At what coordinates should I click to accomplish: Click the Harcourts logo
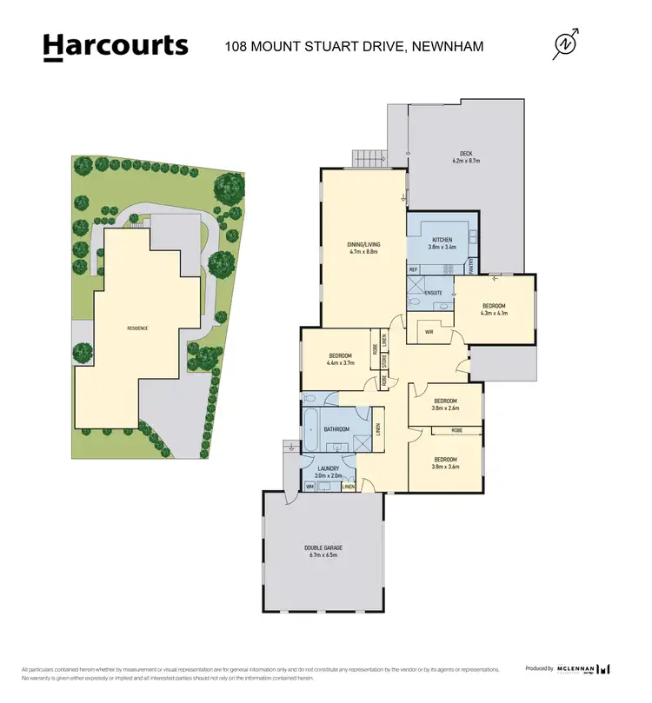(x=116, y=46)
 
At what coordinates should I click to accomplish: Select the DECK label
(x=465, y=154)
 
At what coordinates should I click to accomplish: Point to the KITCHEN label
(x=442, y=240)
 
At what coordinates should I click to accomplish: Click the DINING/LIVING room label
(x=363, y=246)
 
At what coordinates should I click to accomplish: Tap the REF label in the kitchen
(x=413, y=269)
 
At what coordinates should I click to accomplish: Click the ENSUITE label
(x=432, y=293)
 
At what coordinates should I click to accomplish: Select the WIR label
(x=429, y=331)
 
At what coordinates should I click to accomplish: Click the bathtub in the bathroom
(x=310, y=430)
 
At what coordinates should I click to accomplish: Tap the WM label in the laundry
(x=309, y=487)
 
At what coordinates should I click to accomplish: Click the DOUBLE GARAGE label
(x=323, y=547)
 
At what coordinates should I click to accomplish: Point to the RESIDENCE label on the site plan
(x=137, y=328)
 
